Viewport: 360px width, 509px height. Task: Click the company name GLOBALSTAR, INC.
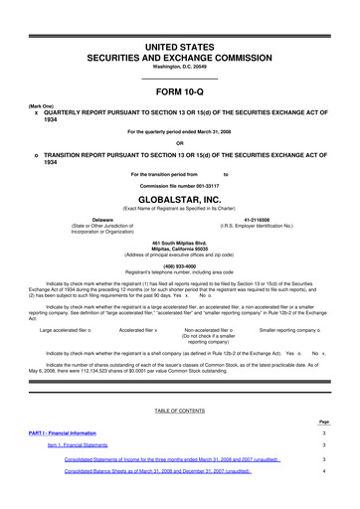point(179,197)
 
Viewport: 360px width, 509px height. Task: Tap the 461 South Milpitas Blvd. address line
point(179,243)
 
